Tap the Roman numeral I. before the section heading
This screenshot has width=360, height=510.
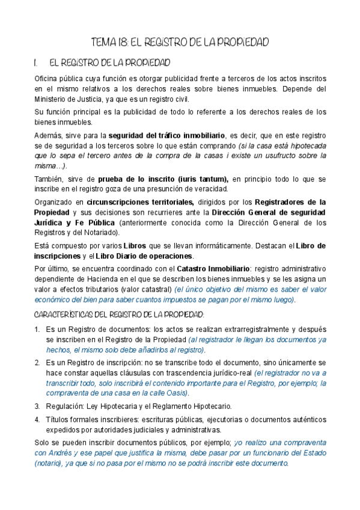(x=37, y=63)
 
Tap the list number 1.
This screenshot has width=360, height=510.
(x=37, y=330)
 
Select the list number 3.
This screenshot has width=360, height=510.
(x=37, y=407)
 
